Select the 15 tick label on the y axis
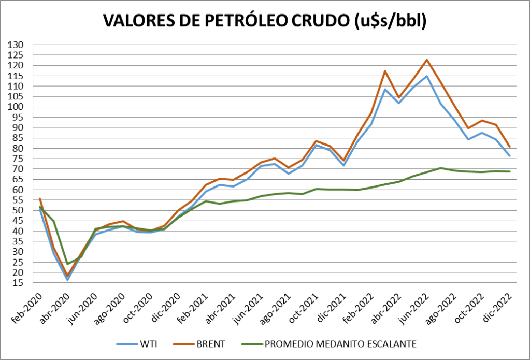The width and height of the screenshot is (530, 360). [19, 283]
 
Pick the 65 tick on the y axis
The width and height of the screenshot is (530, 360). [19, 180]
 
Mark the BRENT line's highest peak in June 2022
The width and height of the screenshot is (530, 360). [427, 60]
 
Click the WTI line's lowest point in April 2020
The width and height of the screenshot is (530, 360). [67, 280]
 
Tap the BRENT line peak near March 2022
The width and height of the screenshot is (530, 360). [384, 71]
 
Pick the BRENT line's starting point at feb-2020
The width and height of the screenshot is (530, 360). [40, 199]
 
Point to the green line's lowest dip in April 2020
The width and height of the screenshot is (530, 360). [67, 264]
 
